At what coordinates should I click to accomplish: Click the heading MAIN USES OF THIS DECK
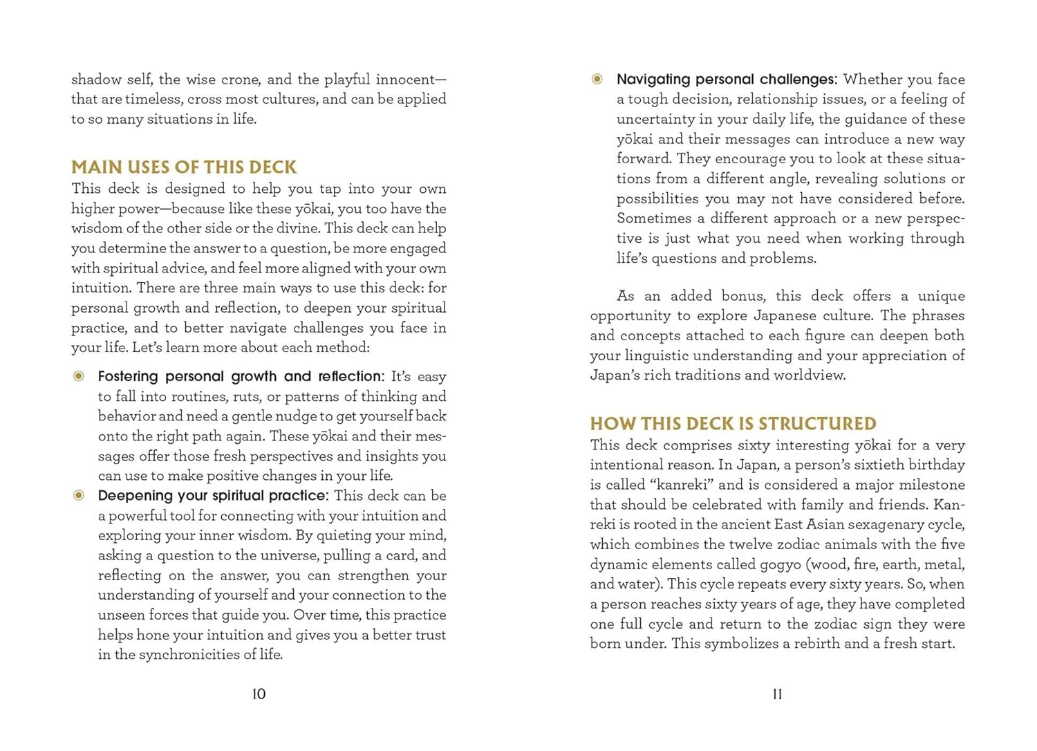click(x=184, y=167)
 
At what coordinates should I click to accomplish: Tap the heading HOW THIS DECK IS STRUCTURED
click(x=733, y=424)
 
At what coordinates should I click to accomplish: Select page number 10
click(x=259, y=694)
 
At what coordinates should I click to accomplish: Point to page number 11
click(x=777, y=694)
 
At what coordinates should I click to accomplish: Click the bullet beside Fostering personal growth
click(x=79, y=376)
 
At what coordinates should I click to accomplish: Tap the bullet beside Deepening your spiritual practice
click(x=79, y=495)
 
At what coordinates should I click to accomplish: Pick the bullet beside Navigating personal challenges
click(x=597, y=79)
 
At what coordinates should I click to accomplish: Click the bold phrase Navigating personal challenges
click(x=726, y=80)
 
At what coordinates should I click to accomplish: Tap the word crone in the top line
click(x=240, y=80)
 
